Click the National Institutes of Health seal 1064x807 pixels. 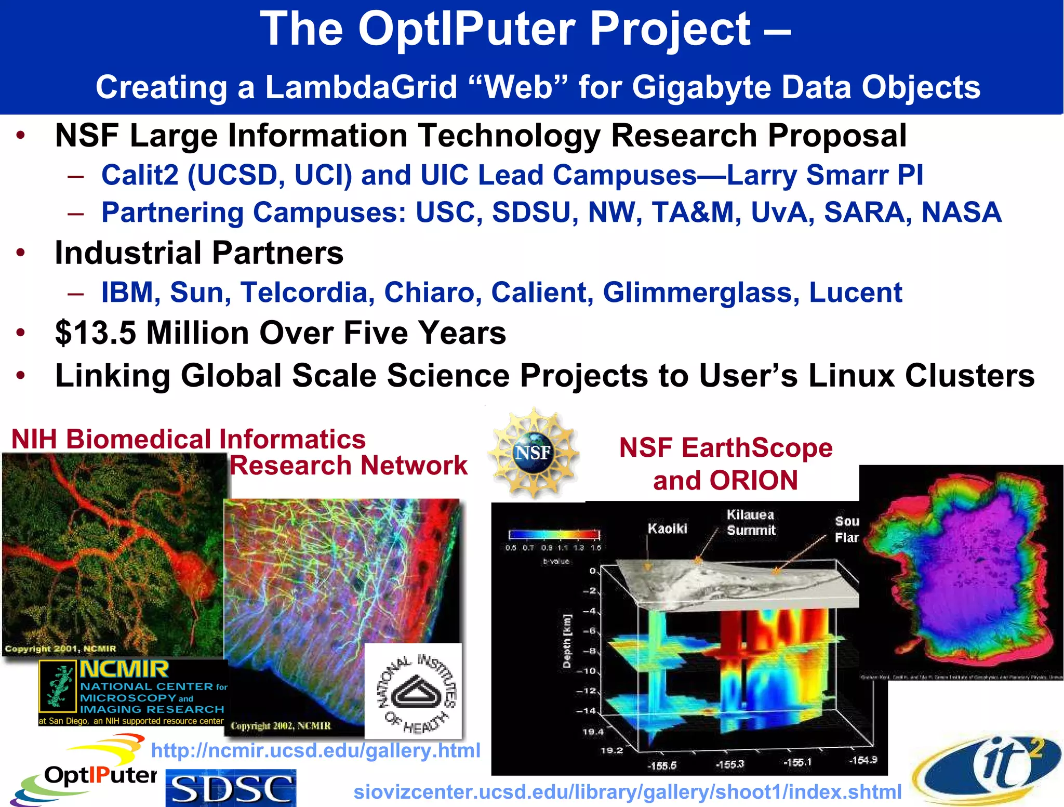point(414,692)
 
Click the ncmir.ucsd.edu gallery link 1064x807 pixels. point(315,750)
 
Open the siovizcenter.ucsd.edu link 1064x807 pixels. point(627,792)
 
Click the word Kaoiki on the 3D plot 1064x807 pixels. point(667,528)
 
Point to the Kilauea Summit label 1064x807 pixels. point(751,522)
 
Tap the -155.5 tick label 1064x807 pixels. point(661,765)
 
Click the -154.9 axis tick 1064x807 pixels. point(863,760)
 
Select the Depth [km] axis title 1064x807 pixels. point(567,641)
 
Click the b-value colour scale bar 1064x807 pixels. point(554,535)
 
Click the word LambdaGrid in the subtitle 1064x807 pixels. point(361,87)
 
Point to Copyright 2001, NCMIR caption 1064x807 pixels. point(60,649)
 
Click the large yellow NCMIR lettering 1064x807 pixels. point(124,669)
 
